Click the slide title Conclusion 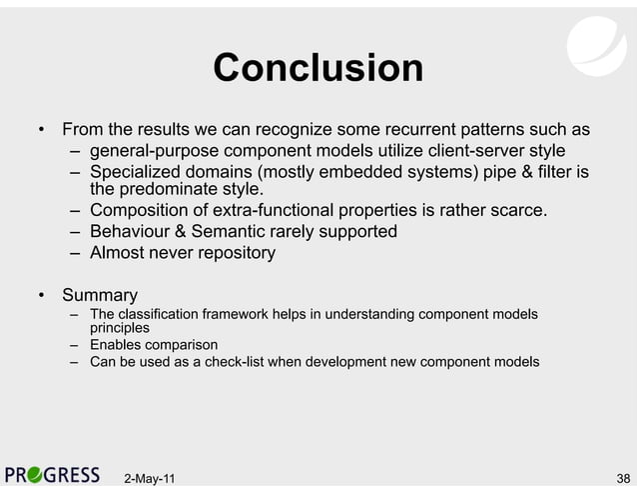click(318, 69)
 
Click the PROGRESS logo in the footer click(52, 475)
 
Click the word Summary click(99, 296)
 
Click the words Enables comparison click(154, 345)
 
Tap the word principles click(120, 328)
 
